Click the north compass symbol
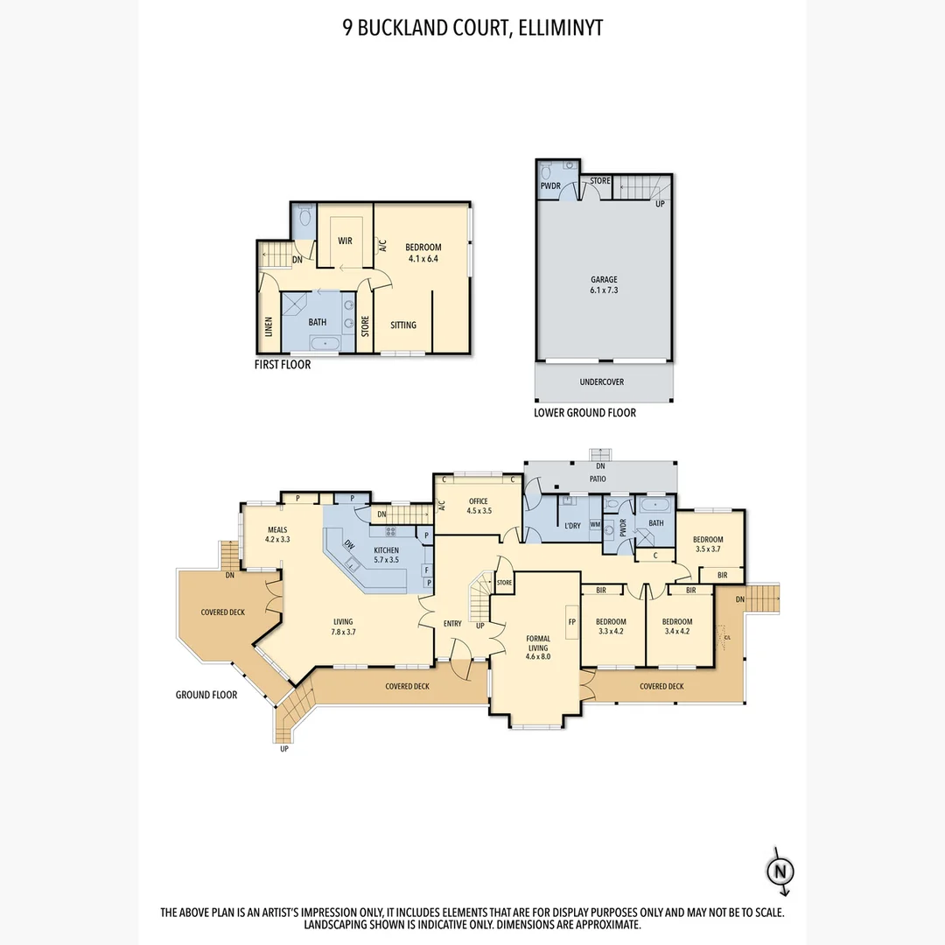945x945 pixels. pos(780,871)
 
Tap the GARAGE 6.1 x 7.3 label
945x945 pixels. pos(604,284)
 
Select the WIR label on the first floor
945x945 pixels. pos(345,241)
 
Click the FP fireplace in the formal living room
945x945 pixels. pos(572,621)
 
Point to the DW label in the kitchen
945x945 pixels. pos(349,544)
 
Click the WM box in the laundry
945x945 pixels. pos(596,524)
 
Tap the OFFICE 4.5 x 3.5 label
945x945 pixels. pos(479,506)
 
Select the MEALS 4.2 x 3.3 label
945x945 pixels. pos(277,535)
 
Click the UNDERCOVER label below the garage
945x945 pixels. pos(601,381)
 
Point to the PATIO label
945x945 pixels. pos(598,479)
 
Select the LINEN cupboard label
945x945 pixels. pos(269,326)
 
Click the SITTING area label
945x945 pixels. pos(403,325)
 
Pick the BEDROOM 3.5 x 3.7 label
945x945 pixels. pos(708,544)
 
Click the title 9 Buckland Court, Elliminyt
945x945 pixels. pos(472,28)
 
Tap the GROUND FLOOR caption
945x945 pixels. pos(206,695)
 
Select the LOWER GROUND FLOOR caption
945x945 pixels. pos(584,413)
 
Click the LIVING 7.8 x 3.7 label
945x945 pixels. pos(343,626)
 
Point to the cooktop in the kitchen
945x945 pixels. pos(390,532)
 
